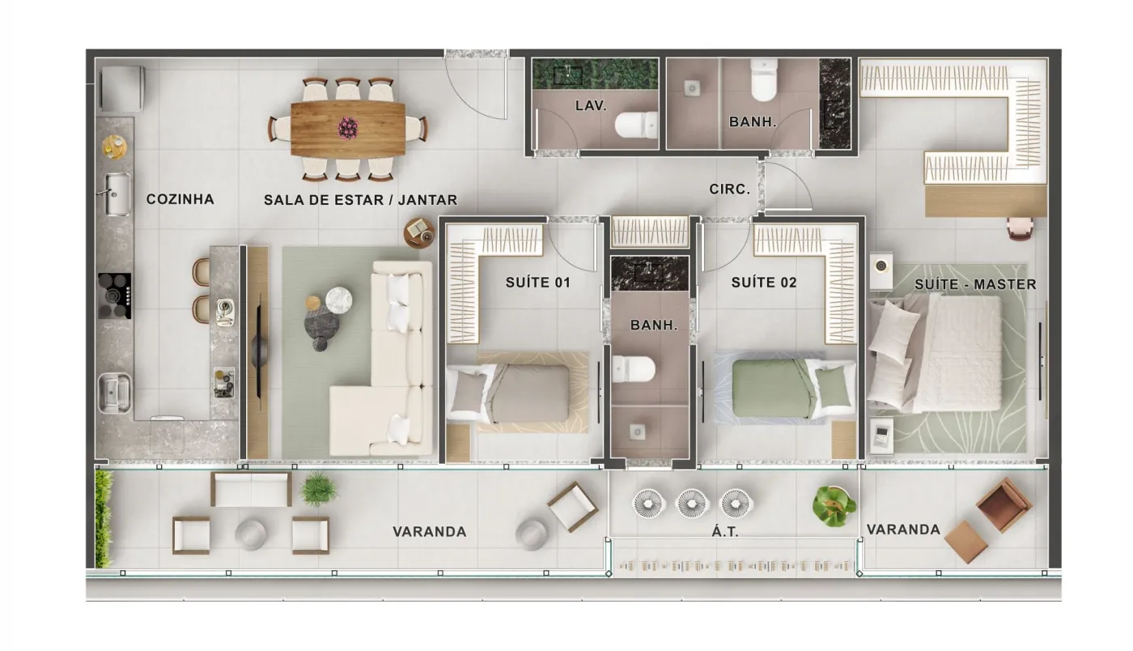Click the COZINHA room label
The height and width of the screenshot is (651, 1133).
180,199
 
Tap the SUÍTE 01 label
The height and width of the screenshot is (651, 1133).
538,283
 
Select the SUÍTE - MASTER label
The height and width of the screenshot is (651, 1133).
975,284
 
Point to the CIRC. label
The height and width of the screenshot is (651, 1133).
729,189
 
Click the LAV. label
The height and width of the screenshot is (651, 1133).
590,106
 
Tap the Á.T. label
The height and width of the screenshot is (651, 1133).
725,531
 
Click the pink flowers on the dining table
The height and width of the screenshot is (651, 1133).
348,128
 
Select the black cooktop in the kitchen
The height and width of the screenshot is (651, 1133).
114,296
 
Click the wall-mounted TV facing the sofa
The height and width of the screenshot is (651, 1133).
259,351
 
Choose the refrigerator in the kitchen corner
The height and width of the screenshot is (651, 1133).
122,88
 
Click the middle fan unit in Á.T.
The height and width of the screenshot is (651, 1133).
693,504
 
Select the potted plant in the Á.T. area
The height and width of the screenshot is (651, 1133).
834,506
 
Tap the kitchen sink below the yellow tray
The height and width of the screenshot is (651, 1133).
117,194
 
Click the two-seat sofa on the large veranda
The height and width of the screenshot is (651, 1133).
251,489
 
